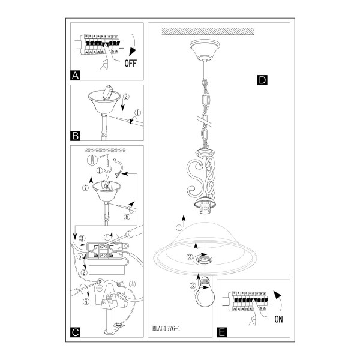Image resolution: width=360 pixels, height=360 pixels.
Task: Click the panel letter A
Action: pyautogui.click(x=76, y=76)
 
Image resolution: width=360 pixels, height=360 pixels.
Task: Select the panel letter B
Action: pyautogui.click(x=76, y=136)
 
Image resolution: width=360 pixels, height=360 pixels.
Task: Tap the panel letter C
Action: pyautogui.click(x=76, y=332)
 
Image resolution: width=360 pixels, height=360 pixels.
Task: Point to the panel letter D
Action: pyautogui.click(x=262, y=80)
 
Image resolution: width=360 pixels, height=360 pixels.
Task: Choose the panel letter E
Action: pyautogui.click(x=222, y=332)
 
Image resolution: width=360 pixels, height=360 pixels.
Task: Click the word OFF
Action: pyautogui.click(x=130, y=63)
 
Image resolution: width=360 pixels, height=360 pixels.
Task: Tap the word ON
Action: pyautogui.click(x=278, y=319)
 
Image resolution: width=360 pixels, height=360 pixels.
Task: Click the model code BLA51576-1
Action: pyautogui.click(x=166, y=329)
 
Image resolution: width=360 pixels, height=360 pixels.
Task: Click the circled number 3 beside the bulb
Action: pyautogui.click(x=193, y=286)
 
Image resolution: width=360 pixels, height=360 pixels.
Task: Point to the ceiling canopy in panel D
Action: pyautogui.click(x=205, y=50)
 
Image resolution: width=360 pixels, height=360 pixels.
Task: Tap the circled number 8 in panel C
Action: pyautogui.click(x=127, y=217)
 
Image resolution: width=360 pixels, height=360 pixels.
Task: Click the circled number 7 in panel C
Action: pyautogui.click(x=85, y=188)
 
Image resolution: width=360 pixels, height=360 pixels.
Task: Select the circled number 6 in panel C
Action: pyautogui.click(x=86, y=301)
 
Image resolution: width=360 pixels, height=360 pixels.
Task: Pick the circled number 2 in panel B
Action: pyautogui.click(x=126, y=97)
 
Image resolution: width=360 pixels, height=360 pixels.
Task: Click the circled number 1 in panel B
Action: pyautogui.click(x=138, y=113)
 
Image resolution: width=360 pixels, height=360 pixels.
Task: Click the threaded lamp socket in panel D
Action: pyautogui.click(x=205, y=206)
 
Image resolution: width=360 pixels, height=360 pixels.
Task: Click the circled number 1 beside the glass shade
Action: pyautogui.click(x=179, y=228)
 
